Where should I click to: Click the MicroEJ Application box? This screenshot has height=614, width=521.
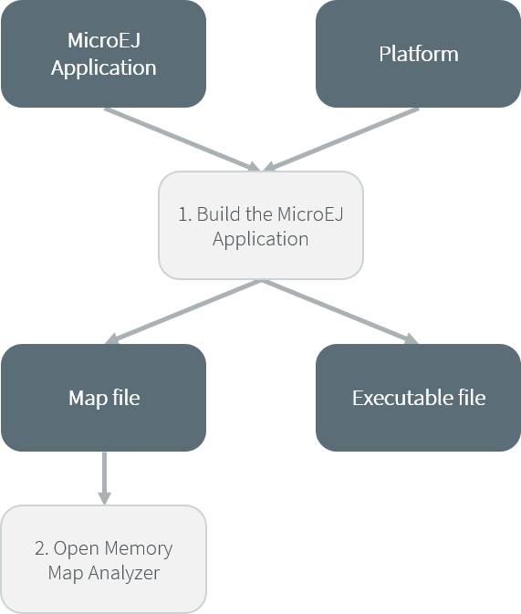coord(104,54)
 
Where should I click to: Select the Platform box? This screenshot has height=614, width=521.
coord(419,54)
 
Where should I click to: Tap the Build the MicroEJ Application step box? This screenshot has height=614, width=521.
coord(261,225)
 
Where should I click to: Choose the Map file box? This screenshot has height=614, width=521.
coord(104,398)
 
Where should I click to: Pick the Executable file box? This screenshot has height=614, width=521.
coord(419,398)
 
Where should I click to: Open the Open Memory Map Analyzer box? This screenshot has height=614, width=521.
coord(104,559)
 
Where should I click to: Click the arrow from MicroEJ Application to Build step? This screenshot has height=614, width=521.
coord(182,140)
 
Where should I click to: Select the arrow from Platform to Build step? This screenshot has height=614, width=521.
coord(341,140)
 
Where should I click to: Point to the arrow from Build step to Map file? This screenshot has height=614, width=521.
coord(183,312)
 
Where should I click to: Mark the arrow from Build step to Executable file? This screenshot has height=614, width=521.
coord(340,312)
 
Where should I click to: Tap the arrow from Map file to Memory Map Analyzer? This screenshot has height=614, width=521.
coord(104,478)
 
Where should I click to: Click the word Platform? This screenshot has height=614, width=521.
coord(419,54)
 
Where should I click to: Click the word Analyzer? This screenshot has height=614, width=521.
coord(124,574)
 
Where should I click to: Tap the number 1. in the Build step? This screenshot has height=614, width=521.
coord(185,214)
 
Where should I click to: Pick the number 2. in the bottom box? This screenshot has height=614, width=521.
coord(42,548)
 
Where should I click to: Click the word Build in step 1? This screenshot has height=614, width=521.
coord(219,214)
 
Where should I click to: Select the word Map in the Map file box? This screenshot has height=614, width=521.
coord(88,399)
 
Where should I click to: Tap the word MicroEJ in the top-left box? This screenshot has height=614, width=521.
coord(104,40)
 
